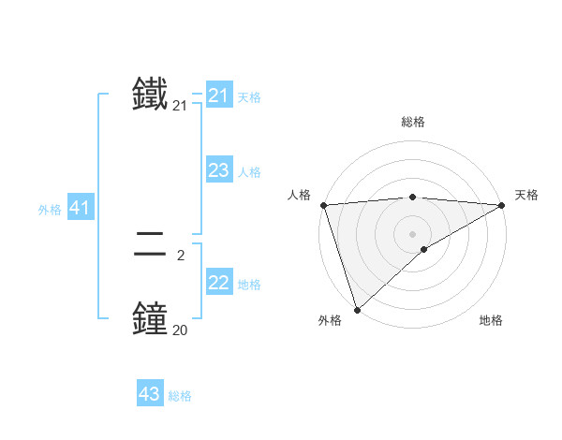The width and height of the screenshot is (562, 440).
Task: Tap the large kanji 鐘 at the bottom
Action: [150, 317]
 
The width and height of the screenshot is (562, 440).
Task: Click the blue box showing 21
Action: [219, 95]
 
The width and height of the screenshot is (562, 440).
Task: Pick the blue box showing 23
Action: [219, 170]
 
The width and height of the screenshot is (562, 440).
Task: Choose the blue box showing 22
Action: [219, 283]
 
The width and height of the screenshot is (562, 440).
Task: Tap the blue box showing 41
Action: [80, 209]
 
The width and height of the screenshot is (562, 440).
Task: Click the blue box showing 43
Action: [150, 394]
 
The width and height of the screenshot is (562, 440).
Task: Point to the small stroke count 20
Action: [180, 330]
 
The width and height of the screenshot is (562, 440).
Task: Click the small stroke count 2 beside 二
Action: [180, 255]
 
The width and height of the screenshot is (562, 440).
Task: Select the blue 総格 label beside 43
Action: [180, 396]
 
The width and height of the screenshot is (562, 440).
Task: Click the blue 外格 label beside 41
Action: [50, 210]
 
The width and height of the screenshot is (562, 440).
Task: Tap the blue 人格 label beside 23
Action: [249, 172]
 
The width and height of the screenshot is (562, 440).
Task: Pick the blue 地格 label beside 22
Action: [249, 285]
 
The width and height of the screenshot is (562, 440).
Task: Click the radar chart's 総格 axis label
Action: [412, 122]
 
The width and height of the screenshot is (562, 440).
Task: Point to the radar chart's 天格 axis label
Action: [526, 195]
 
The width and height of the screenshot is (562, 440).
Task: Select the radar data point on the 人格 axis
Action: [323, 205]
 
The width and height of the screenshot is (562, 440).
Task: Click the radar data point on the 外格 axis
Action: [357, 309]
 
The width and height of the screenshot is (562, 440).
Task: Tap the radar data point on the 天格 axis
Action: [502, 205]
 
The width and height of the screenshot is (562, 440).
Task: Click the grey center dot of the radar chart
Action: [412, 234]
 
